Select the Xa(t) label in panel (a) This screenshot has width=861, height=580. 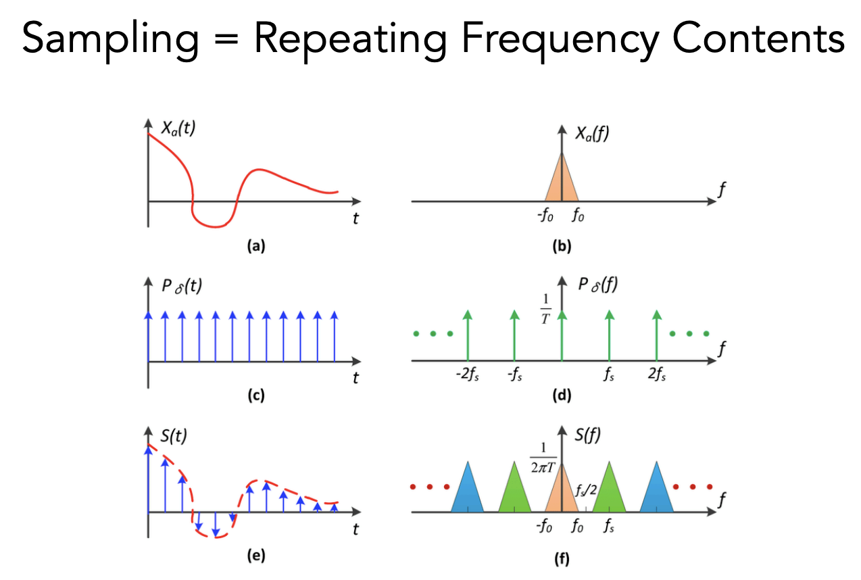point(178,129)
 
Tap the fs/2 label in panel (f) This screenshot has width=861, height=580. point(586,491)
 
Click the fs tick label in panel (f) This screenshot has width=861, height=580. point(610,525)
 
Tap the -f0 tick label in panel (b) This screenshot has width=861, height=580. point(547,218)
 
